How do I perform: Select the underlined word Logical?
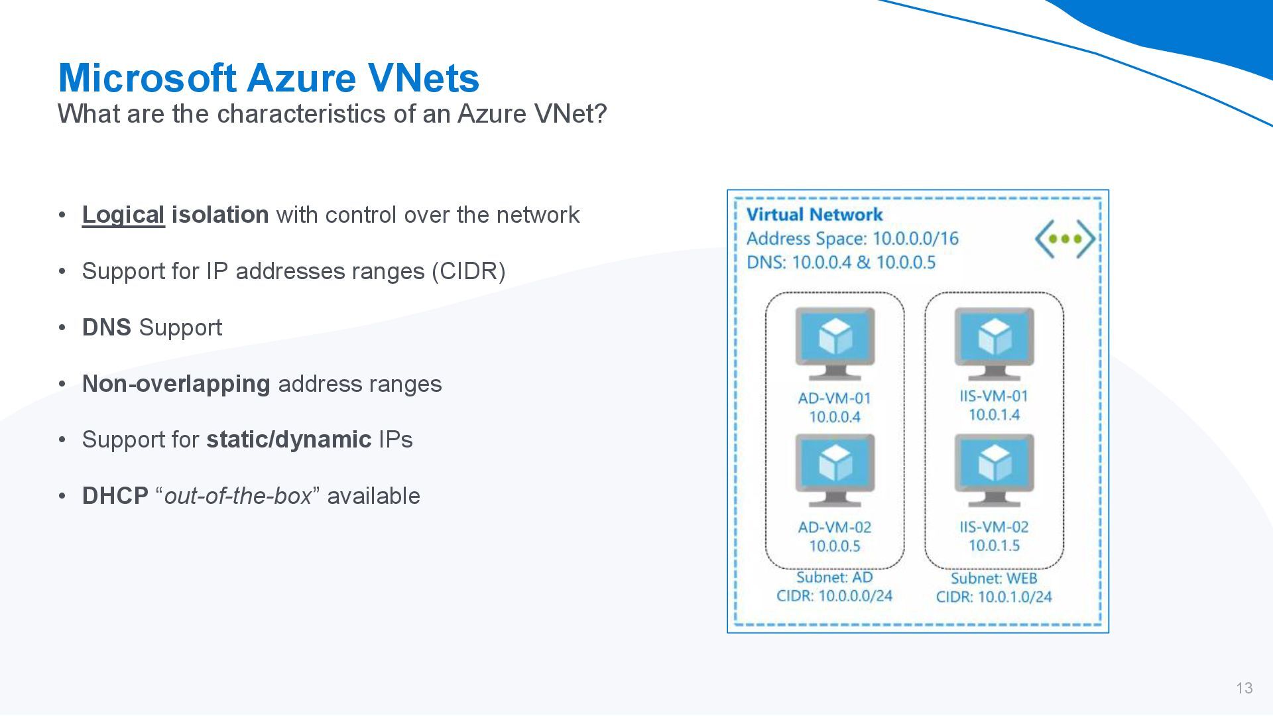point(123,215)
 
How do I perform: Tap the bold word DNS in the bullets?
point(106,328)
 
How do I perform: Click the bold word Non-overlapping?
point(176,384)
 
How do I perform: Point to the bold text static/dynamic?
point(288,440)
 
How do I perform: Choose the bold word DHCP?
point(115,496)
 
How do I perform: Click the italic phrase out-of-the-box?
point(237,496)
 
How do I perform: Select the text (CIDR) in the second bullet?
point(468,271)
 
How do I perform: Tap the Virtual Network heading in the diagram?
point(814,214)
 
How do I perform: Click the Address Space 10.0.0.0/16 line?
point(852,239)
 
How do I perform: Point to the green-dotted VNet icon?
point(1065,239)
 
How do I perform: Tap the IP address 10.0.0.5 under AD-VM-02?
point(835,546)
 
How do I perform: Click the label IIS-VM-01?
point(994,396)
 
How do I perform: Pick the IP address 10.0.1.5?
point(994,545)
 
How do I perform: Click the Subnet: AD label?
point(835,577)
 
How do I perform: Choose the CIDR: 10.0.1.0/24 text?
point(994,597)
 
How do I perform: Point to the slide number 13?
point(1244,688)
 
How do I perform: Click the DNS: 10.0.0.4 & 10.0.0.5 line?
point(841,263)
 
